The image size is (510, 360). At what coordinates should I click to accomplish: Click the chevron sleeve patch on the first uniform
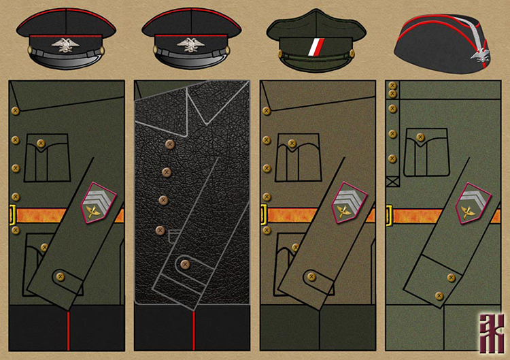point(98,203)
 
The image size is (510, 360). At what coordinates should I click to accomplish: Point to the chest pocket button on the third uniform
point(292,144)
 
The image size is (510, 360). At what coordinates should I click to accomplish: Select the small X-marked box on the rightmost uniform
point(392,182)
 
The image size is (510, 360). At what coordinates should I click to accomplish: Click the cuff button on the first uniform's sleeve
point(59,276)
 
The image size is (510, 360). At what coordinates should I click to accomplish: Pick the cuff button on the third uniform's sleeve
point(311,276)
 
